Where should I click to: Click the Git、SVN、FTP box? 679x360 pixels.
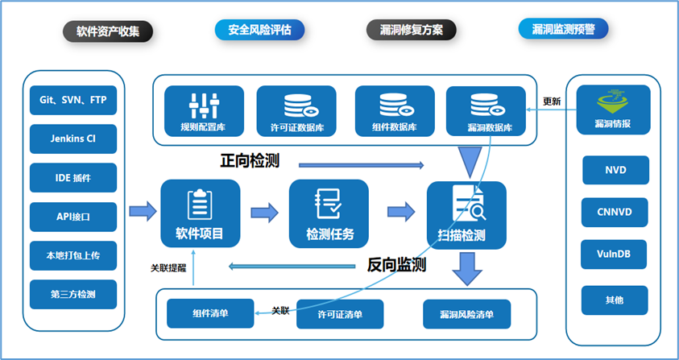pos(73,101)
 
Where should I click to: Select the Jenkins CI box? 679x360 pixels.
pos(73,139)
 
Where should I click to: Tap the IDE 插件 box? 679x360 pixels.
pos(73,178)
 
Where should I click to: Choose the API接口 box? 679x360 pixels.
pos(73,217)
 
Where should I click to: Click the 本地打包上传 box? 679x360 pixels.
pos(73,255)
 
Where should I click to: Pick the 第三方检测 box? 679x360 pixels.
pos(73,294)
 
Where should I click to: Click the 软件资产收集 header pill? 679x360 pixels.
pos(109,31)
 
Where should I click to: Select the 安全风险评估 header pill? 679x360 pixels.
pos(259,30)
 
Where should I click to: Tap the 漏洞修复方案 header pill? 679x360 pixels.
pos(412,30)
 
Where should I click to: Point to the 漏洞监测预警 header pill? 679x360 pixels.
pos(564,30)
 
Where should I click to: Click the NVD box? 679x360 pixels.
pos(615,170)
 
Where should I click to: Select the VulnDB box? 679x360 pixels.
pos(615,254)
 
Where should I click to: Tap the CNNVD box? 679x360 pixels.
pos(615,213)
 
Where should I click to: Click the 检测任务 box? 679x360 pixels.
pos(329,213)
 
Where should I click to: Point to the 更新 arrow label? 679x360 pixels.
pos(552,101)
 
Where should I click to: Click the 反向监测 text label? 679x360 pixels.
pos(396,264)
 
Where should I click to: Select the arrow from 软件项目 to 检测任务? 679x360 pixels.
pos(264,213)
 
